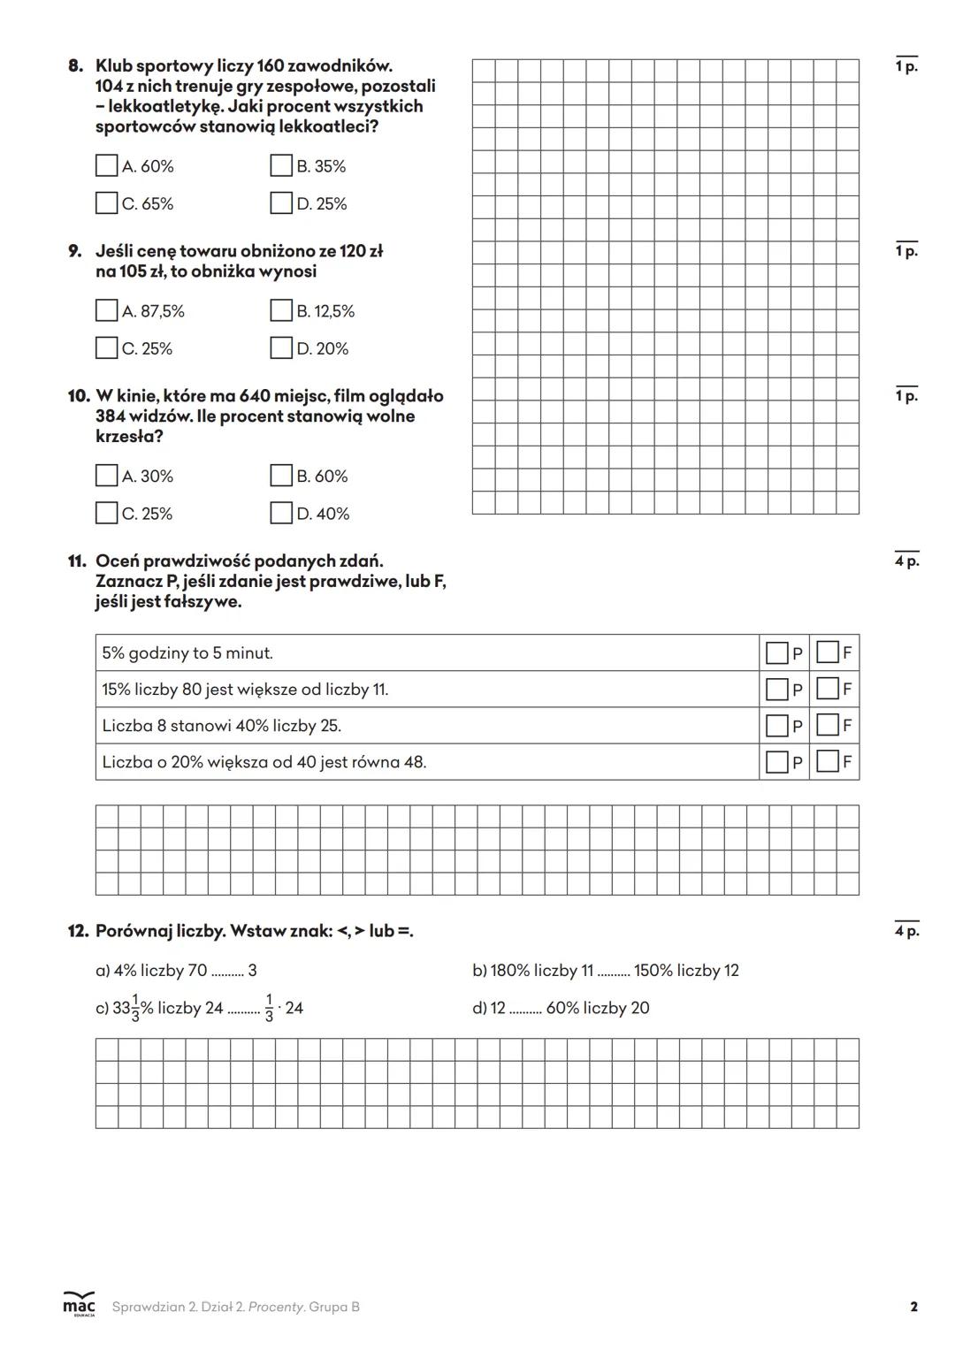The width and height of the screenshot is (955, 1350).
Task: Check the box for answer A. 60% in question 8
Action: [x=106, y=165]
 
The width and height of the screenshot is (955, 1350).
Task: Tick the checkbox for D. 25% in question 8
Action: [x=281, y=203]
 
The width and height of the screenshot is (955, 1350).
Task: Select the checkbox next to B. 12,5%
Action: [x=281, y=310]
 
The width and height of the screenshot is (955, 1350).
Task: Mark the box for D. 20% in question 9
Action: [x=281, y=348]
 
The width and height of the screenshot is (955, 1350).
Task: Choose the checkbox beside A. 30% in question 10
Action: [x=106, y=476]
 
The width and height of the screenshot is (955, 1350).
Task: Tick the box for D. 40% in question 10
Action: [x=281, y=513]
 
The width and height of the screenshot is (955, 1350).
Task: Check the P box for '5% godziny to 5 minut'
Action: [x=777, y=653]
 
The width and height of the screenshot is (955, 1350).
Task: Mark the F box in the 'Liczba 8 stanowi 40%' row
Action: [x=828, y=725]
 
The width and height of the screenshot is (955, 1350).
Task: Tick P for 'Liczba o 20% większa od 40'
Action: [x=777, y=761]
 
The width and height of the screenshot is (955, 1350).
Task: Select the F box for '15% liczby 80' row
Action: [x=828, y=689]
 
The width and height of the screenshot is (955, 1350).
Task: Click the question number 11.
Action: [x=76, y=561]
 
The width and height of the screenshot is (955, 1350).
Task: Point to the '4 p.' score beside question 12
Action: [x=906, y=930]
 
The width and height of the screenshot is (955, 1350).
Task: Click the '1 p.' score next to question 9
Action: [x=906, y=251]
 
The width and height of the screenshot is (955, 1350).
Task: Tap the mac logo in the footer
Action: [x=79, y=1305]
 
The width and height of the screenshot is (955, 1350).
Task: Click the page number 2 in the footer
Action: [x=913, y=1307]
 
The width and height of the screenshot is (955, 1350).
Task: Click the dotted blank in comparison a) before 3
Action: [x=227, y=972]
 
